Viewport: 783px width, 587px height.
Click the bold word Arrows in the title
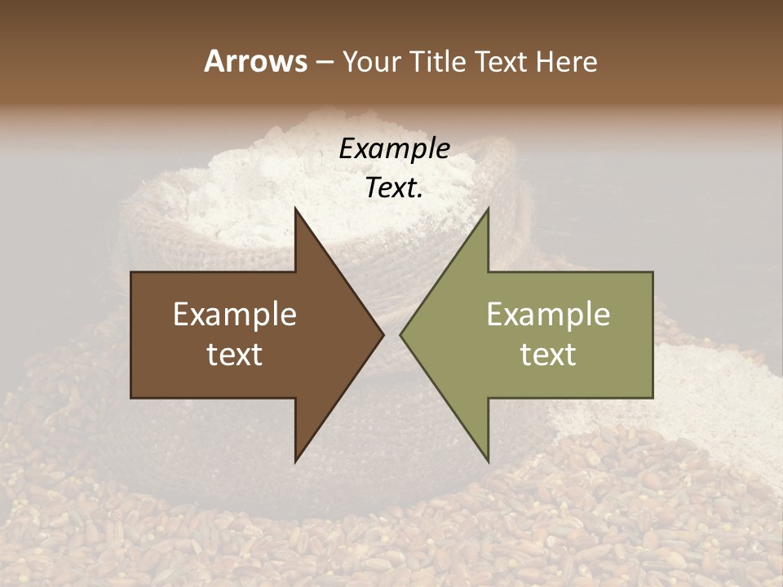coord(254,61)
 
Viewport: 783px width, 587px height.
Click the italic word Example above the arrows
coord(394,149)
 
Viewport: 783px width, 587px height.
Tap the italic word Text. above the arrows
coord(394,188)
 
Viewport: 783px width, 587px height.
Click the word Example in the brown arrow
coord(235,315)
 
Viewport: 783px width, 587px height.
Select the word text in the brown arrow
coord(235,355)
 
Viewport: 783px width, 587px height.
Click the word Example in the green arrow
coord(548,315)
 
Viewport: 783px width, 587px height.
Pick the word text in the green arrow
coord(548,355)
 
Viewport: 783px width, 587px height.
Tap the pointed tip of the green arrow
coord(401,334)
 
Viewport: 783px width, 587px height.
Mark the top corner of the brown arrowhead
coord(296,210)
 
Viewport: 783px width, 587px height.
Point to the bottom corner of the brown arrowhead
coord(296,461)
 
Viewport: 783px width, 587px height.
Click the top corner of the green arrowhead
coord(488,210)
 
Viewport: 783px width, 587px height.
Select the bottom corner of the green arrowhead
coord(488,461)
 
